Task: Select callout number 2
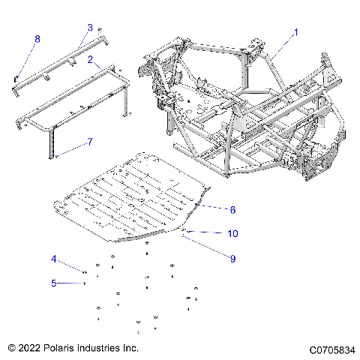tap(90, 58)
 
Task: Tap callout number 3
tap(90, 27)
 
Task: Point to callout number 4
tap(53, 259)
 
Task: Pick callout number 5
tap(53, 283)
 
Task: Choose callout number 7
tap(90, 140)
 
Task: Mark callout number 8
tap(37, 38)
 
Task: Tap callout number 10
tap(232, 233)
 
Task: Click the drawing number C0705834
tap(330, 349)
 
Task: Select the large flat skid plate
tap(135, 202)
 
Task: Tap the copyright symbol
tap(11, 349)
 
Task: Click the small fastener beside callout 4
tap(85, 272)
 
